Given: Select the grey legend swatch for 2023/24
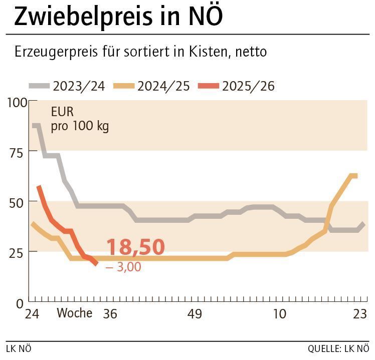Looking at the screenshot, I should point(39,86).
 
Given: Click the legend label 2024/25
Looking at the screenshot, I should point(163,86).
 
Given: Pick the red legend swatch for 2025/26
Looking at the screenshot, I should point(209,86).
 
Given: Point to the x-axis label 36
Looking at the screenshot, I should point(109,314).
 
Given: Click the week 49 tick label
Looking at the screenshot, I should point(195,314).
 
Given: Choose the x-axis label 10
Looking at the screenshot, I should point(279,314).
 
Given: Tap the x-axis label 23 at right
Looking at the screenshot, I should point(359,314).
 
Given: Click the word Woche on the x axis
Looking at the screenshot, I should point(74,313).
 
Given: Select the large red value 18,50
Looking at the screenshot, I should point(135,247).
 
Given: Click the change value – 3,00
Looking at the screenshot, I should point(123,267).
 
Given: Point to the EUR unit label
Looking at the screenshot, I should point(62,111).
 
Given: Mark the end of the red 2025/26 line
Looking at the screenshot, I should point(96,263).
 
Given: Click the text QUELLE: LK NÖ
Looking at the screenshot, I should point(338,348).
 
